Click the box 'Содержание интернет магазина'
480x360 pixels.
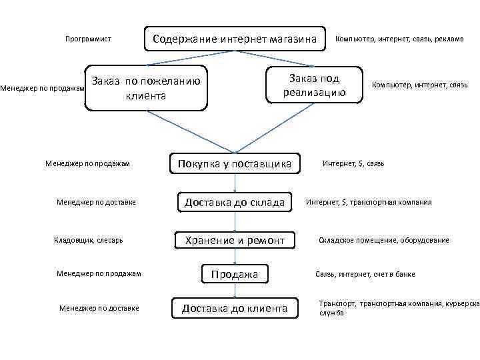[234, 39]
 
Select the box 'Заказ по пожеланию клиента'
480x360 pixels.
[146, 88]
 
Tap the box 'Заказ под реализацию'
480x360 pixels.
[313, 85]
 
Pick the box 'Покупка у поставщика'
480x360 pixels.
[234, 164]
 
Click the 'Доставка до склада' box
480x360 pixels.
[235, 202]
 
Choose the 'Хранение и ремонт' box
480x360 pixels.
[235, 240]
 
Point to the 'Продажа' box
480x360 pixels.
[235, 274]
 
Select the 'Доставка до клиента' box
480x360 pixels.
[235, 308]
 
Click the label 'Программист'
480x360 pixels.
[87, 39]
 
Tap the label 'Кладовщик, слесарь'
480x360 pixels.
[88, 239]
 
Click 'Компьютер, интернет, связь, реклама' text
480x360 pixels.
[399, 39]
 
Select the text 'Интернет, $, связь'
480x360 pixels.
[353, 163]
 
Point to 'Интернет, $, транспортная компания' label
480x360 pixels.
[369, 202]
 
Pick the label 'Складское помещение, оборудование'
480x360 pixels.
[383, 240]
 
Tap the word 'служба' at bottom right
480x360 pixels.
[331, 313]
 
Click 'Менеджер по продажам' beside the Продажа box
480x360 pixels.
[99, 273]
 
